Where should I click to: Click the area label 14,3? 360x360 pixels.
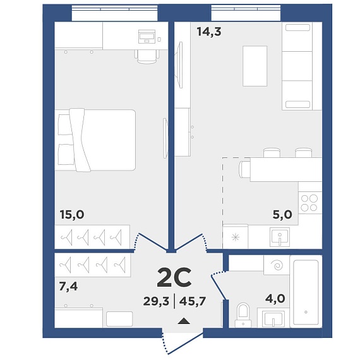point(209,32)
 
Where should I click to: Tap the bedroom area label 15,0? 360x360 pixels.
point(72,215)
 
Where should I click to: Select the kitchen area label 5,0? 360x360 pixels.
point(282,215)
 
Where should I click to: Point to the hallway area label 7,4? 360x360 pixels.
point(68,286)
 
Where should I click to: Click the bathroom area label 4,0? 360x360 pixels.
point(275,299)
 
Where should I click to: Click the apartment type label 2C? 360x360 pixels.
point(174,277)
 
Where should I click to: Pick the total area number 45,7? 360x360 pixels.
point(193,301)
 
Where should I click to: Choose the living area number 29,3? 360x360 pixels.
point(156,301)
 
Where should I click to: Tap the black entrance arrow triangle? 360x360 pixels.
point(184,321)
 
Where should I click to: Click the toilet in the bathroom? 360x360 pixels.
point(243,315)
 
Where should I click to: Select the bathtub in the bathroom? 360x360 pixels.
point(306,292)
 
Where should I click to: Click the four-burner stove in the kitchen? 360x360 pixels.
point(309,203)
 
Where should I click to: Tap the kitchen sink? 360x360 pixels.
point(280,237)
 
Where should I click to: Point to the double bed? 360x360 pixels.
point(95,140)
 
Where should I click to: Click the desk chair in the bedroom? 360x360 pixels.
point(147,56)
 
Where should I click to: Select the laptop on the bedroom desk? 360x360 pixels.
point(147,37)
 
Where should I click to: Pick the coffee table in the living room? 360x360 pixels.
point(255,66)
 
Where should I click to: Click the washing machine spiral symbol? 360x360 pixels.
point(277,265)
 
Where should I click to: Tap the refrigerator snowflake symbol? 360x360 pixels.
point(236,237)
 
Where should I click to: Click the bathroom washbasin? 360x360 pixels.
point(273,318)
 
